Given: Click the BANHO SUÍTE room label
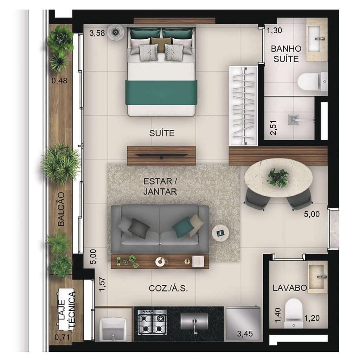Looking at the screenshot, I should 286,53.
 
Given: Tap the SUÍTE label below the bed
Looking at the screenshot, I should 162,133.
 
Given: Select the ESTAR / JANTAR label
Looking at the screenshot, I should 160,187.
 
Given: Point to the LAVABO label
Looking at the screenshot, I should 290,288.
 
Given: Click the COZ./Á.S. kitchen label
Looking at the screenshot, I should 168,289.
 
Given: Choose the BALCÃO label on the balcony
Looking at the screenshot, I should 61,214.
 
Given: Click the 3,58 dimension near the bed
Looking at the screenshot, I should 97,34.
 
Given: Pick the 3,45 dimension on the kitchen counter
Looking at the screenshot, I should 244,333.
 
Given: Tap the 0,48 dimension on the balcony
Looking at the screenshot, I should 59,81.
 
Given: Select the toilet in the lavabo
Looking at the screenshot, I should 293,311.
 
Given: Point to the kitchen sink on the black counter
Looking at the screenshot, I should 194,321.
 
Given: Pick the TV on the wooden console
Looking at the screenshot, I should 161,155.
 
